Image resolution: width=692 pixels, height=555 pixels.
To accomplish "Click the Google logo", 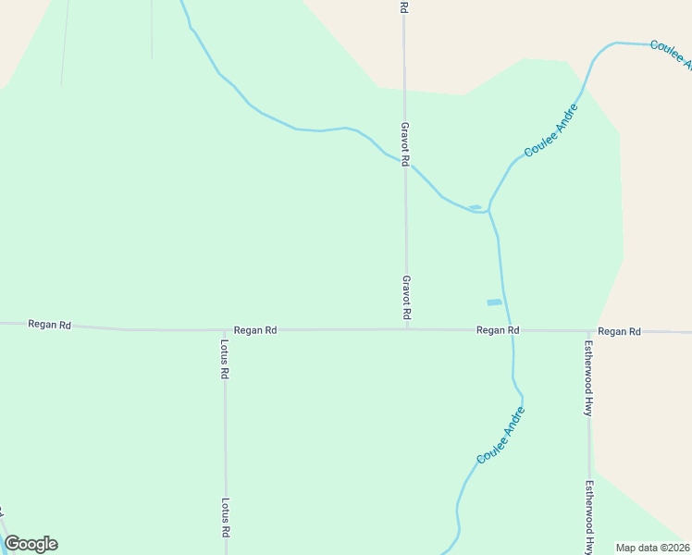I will [31, 544].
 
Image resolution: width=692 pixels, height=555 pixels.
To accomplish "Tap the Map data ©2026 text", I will [652, 548].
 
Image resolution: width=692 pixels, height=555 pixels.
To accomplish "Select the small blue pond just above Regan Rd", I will [494, 302].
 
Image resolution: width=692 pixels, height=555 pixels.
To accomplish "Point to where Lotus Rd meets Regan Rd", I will [225, 330].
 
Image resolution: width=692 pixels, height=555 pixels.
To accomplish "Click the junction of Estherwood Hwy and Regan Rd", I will [589, 331].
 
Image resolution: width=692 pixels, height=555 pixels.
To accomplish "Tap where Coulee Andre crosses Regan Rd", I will [512, 330].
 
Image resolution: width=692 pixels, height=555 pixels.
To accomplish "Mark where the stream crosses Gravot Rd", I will [405, 163].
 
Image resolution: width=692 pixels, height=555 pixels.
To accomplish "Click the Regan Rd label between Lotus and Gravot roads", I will [255, 330].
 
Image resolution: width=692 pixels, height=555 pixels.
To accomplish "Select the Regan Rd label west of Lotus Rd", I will [50, 325].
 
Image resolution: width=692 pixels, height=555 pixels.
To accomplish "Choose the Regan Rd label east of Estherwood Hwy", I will [619, 331].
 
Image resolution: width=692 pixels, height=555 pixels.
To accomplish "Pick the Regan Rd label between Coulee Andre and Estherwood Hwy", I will [498, 330].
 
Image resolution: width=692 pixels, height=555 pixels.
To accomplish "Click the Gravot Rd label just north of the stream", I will [404, 143].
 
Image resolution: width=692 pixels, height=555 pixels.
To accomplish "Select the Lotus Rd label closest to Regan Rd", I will [225, 361].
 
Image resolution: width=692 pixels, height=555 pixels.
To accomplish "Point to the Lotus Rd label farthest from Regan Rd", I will [225, 519].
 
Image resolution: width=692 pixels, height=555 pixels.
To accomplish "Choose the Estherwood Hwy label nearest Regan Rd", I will [587, 379].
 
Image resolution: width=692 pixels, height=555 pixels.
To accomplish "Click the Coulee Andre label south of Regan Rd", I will [501, 436].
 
